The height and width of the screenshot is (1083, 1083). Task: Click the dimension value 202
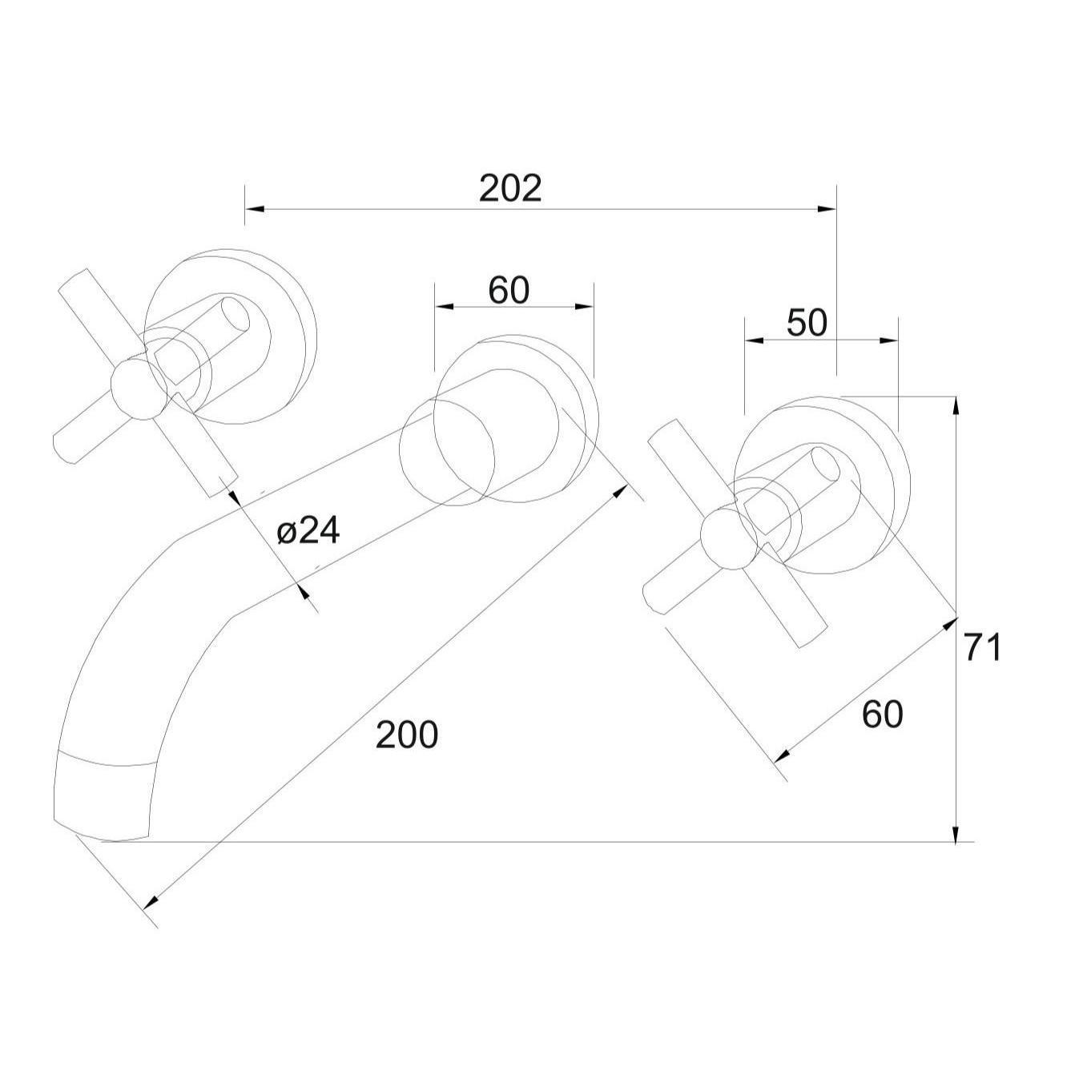coord(510,188)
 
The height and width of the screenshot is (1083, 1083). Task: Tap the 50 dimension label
coord(807,323)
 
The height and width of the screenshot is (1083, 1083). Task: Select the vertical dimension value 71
coord(983,647)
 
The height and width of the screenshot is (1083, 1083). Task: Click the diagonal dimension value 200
coord(407,735)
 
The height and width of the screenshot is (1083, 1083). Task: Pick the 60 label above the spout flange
coord(509,291)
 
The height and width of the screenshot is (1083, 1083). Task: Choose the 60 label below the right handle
coord(883,715)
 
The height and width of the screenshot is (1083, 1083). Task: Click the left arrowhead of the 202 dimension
coord(255,209)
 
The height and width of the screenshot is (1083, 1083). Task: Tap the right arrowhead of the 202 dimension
coord(827,209)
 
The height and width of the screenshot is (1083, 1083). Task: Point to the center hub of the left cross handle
coord(139,389)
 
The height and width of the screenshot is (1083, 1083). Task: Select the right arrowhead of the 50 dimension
coord(888,340)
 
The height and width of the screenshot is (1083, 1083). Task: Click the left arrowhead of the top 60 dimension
coord(445,306)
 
